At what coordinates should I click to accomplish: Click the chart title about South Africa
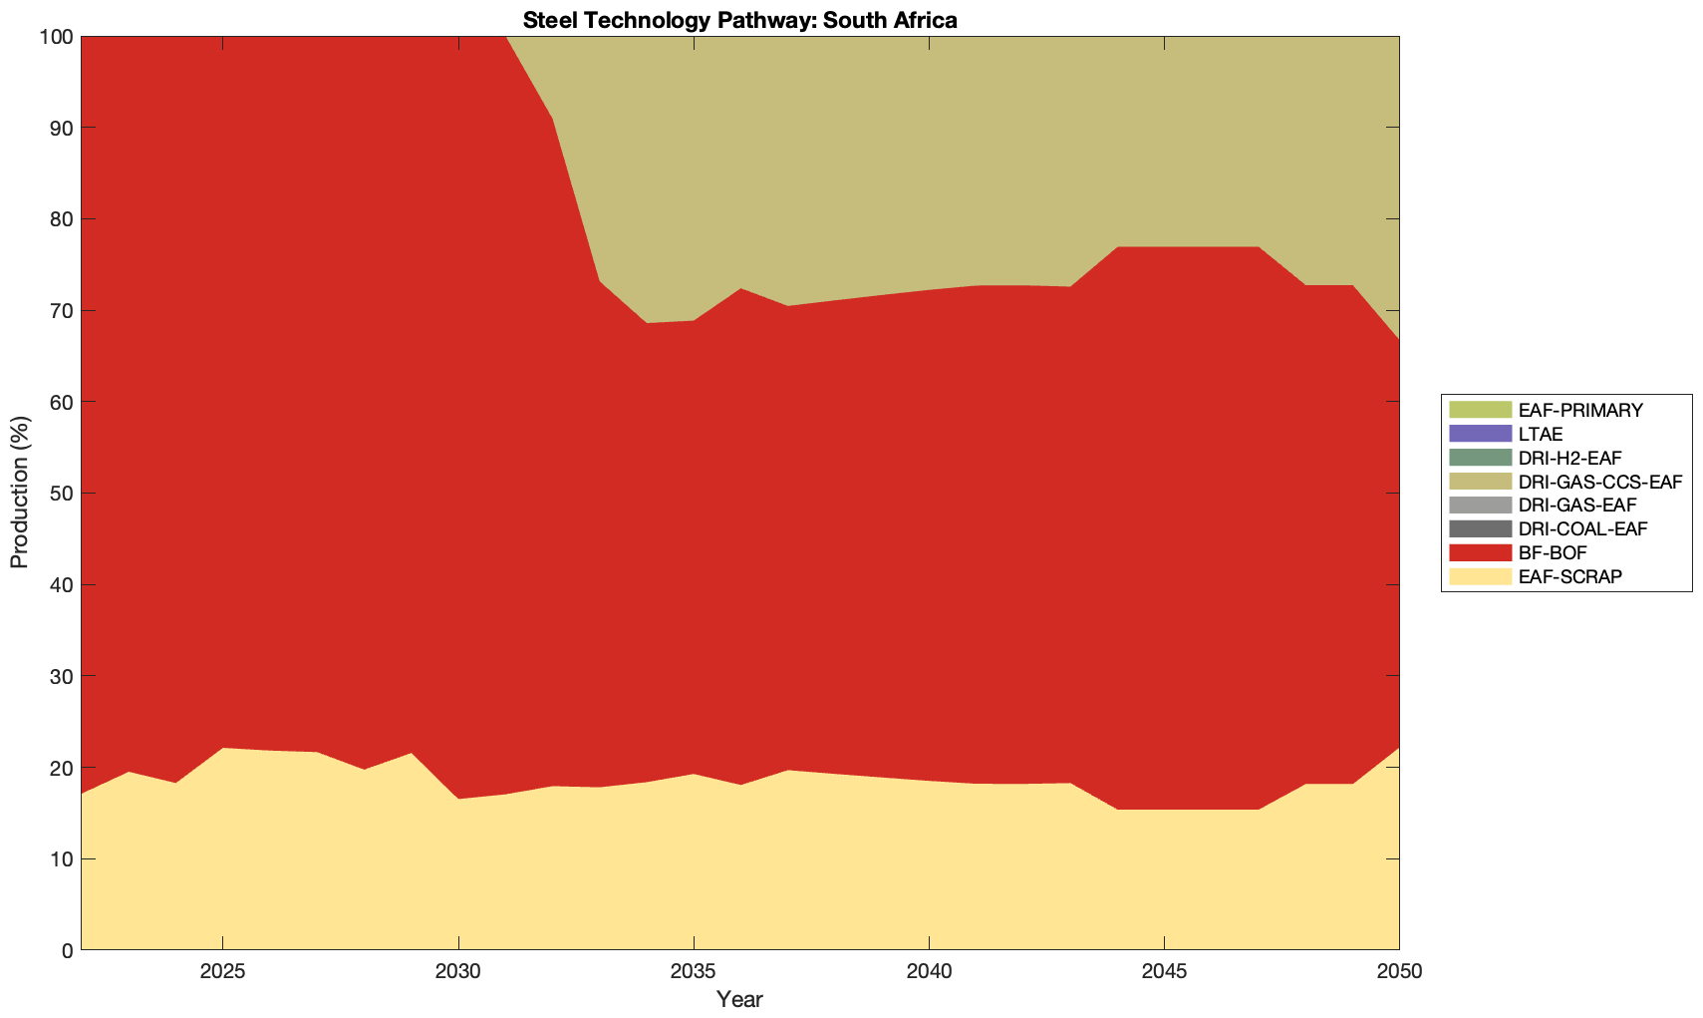(739, 20)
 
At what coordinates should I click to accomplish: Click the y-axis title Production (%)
(20, 493)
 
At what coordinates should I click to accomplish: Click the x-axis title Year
(739, 999)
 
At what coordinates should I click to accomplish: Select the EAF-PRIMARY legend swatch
(1480, 410)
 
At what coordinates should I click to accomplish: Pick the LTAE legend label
(1541, 434)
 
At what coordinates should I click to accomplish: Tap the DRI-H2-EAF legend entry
(1569, 458)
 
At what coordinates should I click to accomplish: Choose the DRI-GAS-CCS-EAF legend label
(1599, 482)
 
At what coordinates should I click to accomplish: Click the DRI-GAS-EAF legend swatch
(1480, 506)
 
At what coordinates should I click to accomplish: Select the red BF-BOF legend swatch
(1480, 552)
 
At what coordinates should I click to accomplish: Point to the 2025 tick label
(222, 972)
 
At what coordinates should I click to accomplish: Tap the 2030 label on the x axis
(457, 972)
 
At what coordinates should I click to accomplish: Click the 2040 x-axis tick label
(928, 972)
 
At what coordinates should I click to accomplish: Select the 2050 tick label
(1398, 972)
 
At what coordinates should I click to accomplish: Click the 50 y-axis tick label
(60, 494)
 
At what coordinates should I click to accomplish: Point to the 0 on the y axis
(67, 950)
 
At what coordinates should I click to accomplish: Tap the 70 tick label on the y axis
(60, 311)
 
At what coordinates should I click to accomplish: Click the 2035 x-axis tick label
(693, 972)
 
